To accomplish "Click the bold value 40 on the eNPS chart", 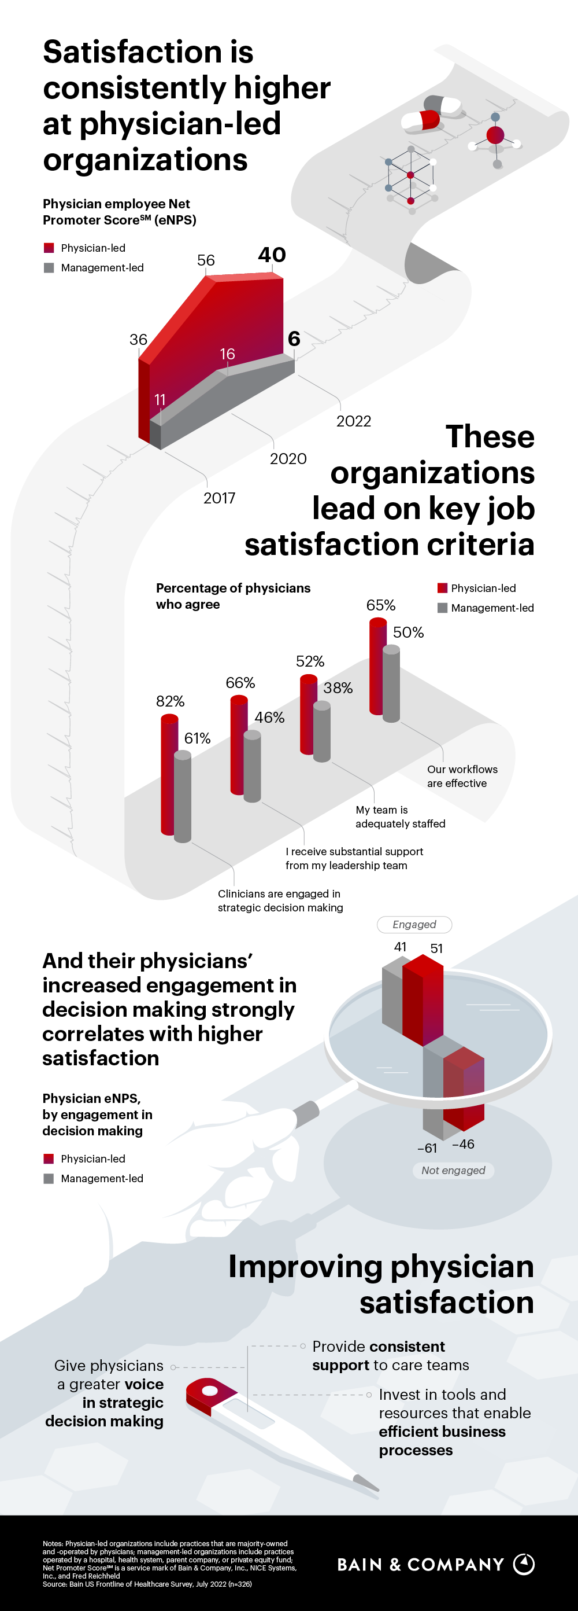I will pos(272,255).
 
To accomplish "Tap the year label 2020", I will pos(288,458).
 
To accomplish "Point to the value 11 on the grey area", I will pos(160,400).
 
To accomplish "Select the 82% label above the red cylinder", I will pos(170,701).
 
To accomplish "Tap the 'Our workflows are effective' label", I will pos(462,776).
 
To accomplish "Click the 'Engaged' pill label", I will pos(414,924).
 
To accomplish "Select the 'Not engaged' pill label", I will pos(453,1170).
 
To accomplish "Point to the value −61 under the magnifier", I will pos(427,1148).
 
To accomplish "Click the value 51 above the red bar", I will pos(437,948).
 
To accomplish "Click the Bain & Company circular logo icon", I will pos(524,1564).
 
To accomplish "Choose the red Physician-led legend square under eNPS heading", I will pos(49,248).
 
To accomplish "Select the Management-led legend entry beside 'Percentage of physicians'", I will pos(486,608).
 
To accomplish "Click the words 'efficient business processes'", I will pos(442,1440).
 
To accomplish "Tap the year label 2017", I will pos(219,498).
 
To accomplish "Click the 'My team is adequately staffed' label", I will pos(400,816).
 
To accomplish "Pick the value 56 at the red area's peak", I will pos(206,260).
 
